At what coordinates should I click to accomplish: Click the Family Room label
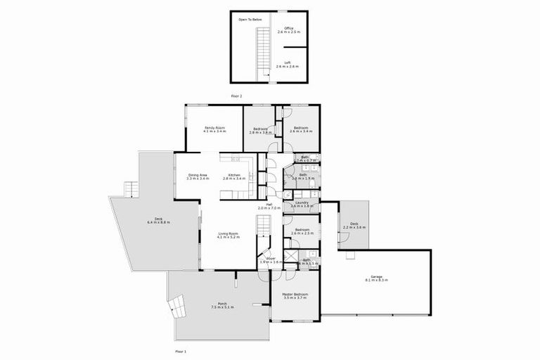pos(214,129)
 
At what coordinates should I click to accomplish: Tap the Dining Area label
pos(197,176)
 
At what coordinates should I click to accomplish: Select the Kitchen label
pos(234,176)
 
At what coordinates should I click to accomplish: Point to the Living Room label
pos(229,235)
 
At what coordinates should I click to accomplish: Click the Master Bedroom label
pos(296,295)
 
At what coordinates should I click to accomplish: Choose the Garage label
pos(377,278)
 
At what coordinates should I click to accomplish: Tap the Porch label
pos(222,306)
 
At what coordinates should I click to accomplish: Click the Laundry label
pos(302,204)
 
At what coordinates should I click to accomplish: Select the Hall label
pos(269,207)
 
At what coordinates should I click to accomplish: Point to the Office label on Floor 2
pos(289,30)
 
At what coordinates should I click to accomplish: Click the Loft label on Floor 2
pos(288,65)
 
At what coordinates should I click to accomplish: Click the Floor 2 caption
pos(236,94)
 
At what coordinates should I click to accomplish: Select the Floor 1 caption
pos(181,349)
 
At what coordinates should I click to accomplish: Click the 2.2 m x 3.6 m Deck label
pos(354,226)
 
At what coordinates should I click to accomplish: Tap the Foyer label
pos(270,260)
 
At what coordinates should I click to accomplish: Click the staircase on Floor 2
pos(262,53)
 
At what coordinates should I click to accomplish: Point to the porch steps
pos(176,305)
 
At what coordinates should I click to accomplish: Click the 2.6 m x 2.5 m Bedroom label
pos(302,232)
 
